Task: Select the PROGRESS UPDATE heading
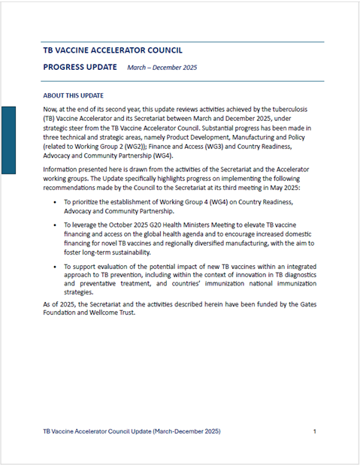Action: tap(80, 67)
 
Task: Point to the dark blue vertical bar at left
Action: tap(9, 140)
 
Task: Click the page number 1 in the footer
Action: tap(314, 432)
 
